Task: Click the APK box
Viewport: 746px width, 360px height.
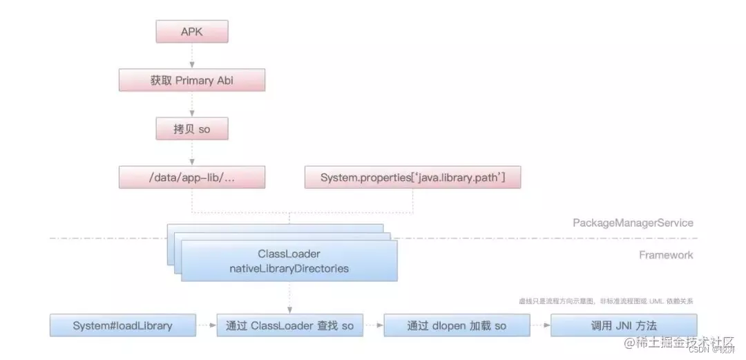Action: (192, 32)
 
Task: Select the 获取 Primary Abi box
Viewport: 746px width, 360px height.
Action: (192, 80)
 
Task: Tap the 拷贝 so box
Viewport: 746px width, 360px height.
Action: (192, 129)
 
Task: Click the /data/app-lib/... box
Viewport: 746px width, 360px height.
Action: (192, 178)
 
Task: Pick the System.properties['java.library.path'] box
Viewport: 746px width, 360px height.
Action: (412, 178)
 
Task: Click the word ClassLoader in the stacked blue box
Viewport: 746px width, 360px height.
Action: (289, 254)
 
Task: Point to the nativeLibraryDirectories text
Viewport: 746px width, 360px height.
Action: (289, 268)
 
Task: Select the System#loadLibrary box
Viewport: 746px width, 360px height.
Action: (123, 325)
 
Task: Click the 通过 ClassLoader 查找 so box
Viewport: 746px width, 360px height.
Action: (289, 325)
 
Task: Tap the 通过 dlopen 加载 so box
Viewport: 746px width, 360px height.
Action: (456, 325)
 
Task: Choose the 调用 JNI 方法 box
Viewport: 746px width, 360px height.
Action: (623, 325)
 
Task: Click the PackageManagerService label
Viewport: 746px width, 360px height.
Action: (633, 222)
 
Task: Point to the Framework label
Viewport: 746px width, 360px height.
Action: (665, 255)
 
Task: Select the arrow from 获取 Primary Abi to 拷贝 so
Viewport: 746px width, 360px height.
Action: (192, 104)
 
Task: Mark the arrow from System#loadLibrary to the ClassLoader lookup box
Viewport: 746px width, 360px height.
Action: (207, 325)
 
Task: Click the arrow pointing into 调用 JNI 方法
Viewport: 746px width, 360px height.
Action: (539, 325)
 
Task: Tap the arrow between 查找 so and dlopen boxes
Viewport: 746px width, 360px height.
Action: (373, 325)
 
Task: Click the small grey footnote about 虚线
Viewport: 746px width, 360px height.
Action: (606, 301)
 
